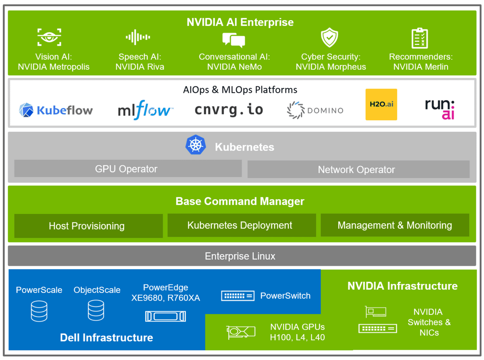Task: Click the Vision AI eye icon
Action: click(49, 38)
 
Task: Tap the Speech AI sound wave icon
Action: click(138, 38)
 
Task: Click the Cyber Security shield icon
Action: click(329, 38)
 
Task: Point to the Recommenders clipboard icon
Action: click(420, 38)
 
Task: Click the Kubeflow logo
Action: click(56, 110)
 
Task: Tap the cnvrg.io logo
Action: click(229, 109)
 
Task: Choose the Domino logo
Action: click(315, 110)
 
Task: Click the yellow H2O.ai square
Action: click(381, 105)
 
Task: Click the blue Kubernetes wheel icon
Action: click(196, 145)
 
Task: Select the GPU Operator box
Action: click(128, 169)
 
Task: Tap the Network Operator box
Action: click(358, 170)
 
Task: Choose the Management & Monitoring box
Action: click(395, 225)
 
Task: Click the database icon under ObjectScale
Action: click(96, 311)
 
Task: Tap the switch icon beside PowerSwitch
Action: click(238, 296)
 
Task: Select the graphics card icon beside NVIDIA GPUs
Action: click(240, 332)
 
